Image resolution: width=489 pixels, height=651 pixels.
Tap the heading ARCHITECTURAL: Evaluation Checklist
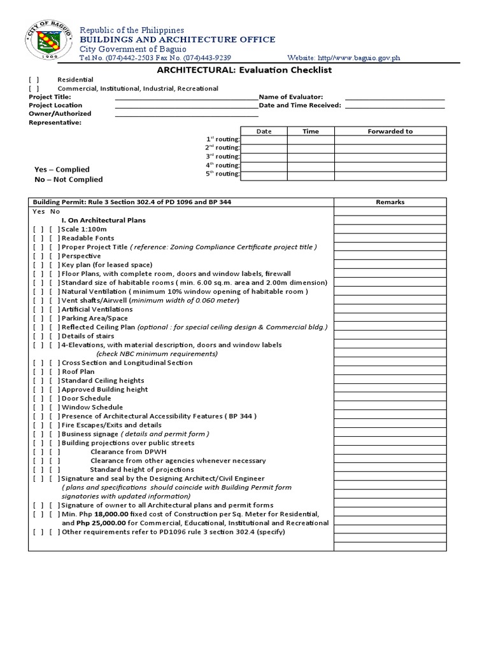tap(244, 70)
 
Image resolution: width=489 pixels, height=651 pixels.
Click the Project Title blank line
tap(186, 97)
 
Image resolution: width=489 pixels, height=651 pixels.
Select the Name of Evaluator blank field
tap(395, 97)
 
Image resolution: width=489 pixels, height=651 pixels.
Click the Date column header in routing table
tap(264, 132)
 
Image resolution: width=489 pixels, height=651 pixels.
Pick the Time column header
tap(311, 132)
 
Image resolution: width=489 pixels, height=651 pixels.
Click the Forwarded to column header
tap(390, 132)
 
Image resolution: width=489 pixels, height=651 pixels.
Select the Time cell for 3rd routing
tap(311, 157)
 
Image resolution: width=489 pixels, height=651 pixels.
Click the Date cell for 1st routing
tap(264, 140)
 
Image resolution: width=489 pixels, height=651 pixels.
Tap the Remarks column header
tap(390, 202)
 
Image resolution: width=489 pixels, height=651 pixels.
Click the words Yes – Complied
tap(62, 170)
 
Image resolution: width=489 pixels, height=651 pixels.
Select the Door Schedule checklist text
tap(86, 399)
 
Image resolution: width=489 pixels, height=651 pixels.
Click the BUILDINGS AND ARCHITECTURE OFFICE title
tap(177, 39)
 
